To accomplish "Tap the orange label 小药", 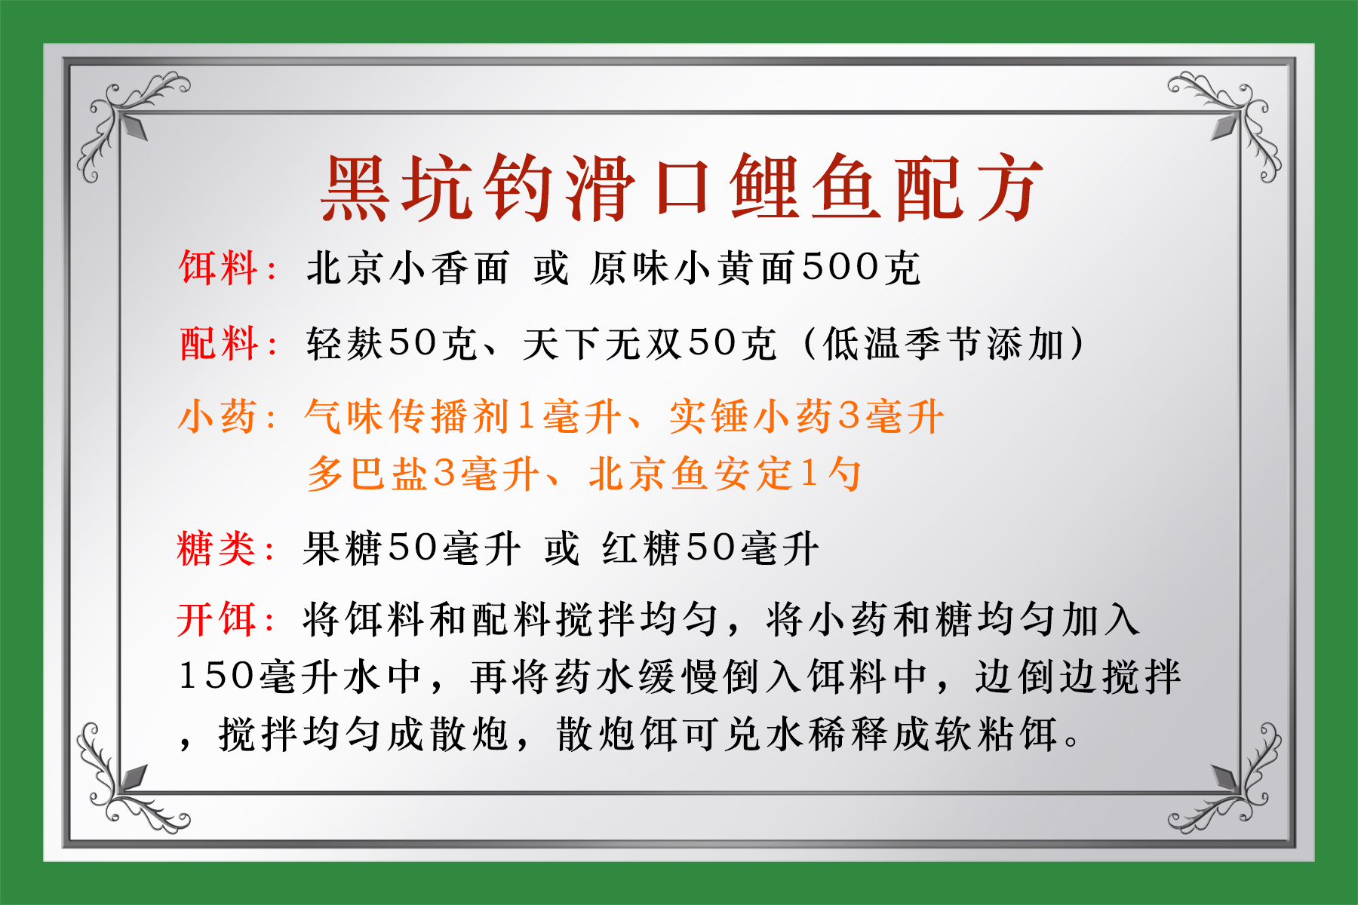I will click(x=217, y=417).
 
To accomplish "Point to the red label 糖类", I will click(x=217, y=548).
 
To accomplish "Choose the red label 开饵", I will click(x=217, y=620).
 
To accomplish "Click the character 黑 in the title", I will click(x=356, y=189).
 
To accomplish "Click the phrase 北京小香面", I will click(x=407, y=268).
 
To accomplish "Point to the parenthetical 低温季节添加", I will click(x=943, y=344).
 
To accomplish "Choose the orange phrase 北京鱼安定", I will click(x=690, y=474).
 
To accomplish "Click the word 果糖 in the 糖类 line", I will click(x=343, y=548).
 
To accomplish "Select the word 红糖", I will click(x=641, y=548).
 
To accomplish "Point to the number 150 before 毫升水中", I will click(x=216, y=676).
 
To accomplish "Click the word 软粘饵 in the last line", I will click(x=996, y=733).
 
